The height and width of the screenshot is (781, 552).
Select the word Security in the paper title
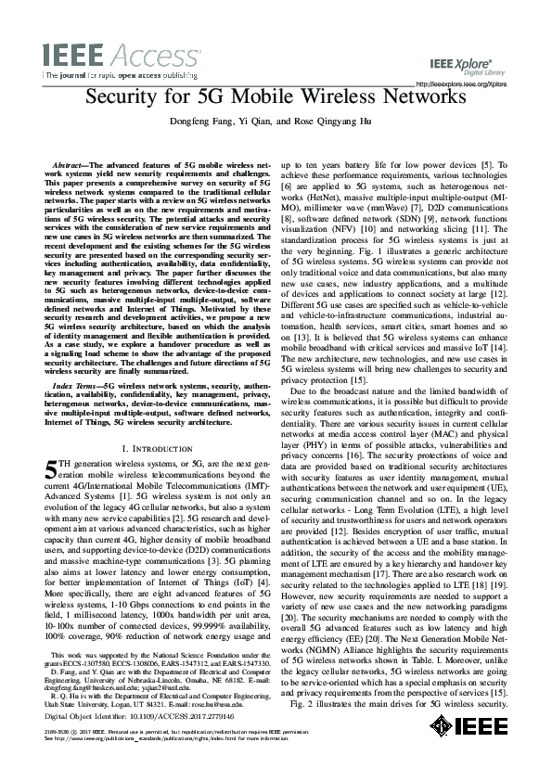pos(124,98)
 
